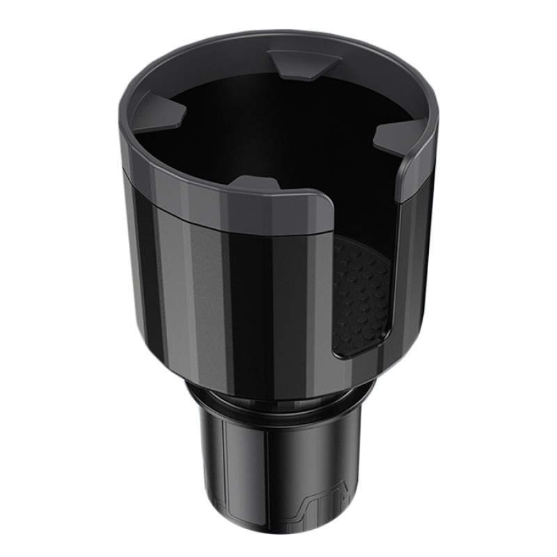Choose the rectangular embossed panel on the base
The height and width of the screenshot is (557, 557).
pyautogui.click(x=230, y=480)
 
